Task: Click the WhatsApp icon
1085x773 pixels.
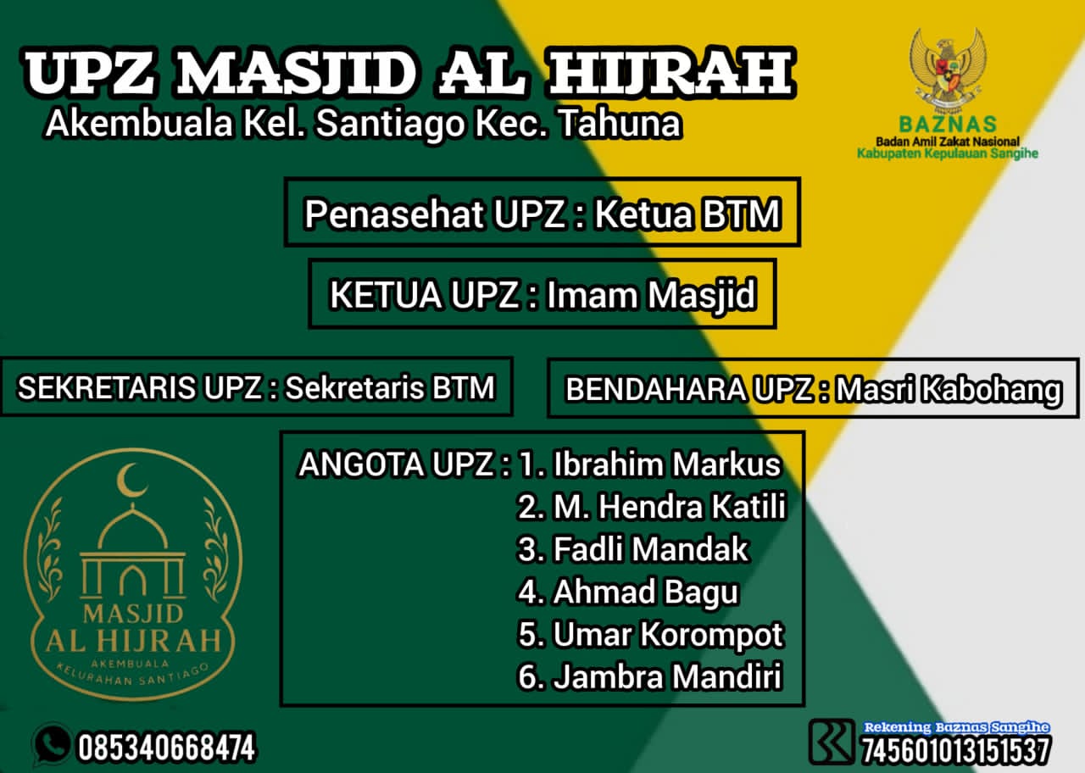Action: pyautogui.click(x=52, y=744)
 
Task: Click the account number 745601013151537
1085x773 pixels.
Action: pyautogui.click(x=956, y=750)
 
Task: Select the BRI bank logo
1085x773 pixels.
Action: pyautogui.click(x=832, y=742)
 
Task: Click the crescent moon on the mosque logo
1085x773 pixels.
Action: pyautogui.click(x=131, y=481)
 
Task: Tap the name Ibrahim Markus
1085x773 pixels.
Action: pyautogui.click(x=666, y=464)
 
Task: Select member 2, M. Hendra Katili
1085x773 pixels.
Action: pyautogui.click(x=670, y=507)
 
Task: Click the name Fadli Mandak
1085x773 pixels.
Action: pyautogui.click(x=651, y=549)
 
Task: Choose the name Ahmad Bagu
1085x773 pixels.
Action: pyautogui.click(x=645, y=592)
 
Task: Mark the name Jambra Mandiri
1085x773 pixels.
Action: pyautogui.click(x=666, y=677)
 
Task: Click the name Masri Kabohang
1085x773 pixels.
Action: pyautogui.click(x=948, y=390)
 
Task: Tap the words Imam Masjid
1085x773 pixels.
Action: pyautogui.click(x=650, y=296)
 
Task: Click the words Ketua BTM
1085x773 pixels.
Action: pyautogui.click(x=687, y=214)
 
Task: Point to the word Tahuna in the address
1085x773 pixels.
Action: pyautogui.click(x=621, y=124)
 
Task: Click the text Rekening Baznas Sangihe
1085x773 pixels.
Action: pyautogui.click(x=956, y=727)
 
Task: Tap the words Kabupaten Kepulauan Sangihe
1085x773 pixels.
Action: pyautogui.click(x=947, y=153)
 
